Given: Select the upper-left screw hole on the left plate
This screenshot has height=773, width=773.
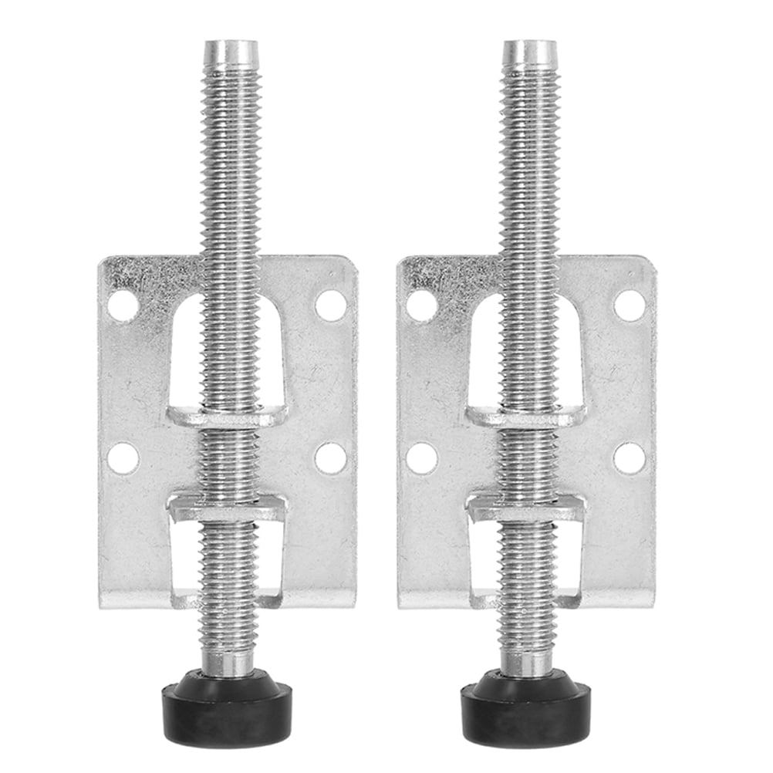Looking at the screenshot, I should click(x=123, y=305).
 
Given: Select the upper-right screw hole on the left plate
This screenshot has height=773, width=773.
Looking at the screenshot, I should click(x=331, y=305).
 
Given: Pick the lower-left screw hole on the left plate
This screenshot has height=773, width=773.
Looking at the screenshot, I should click(x=123, y=458).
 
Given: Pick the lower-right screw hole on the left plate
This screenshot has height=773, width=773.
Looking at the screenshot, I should click(x=331, y=458).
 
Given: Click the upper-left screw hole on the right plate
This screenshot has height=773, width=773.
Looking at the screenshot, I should click(x=421, y=305).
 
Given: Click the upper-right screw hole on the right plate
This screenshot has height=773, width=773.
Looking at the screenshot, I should click(x=630, y=305).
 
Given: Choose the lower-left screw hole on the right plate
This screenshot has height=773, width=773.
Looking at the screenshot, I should click(x=421, y=458).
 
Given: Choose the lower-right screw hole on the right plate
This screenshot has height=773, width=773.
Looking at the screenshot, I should click(x=630, y=458).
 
